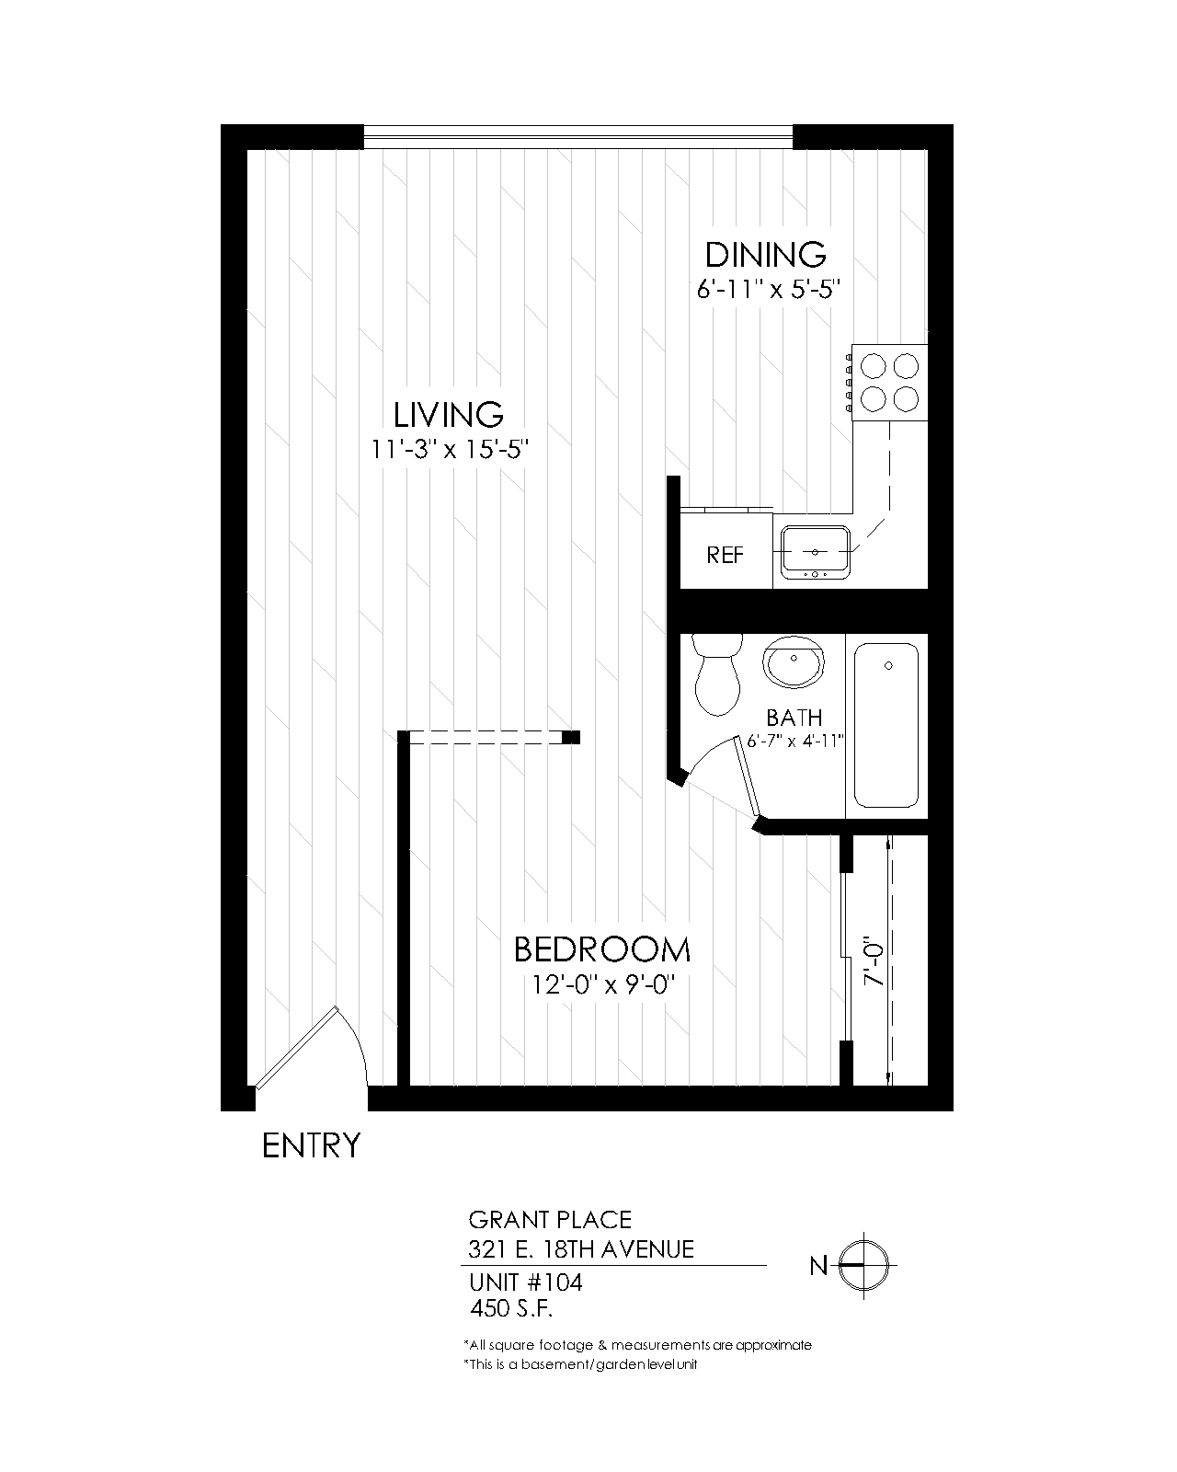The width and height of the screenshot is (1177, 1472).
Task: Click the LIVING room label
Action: [x=449, y=415]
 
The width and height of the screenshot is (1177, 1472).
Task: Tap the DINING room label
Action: [x=765, y=254]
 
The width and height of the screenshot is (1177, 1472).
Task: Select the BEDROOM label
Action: [x=601, y=949]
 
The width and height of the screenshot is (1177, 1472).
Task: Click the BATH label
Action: [x=794, y=718]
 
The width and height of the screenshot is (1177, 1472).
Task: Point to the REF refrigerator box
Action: [x=726, y=556]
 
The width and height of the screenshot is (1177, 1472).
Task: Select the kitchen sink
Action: [x=816, y=552]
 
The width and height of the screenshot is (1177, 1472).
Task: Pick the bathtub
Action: [x=886, y=725]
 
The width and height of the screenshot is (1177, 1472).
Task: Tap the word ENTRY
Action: [x=312, y=1146]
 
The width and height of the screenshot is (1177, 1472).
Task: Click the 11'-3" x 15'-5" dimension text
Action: [x=450, y=451]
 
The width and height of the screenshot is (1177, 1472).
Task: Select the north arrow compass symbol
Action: [x=864, y=1266]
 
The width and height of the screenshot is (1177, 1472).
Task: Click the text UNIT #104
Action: [x=525, y=1282]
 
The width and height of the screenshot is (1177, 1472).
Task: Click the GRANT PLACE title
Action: [x=550, y=1220]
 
